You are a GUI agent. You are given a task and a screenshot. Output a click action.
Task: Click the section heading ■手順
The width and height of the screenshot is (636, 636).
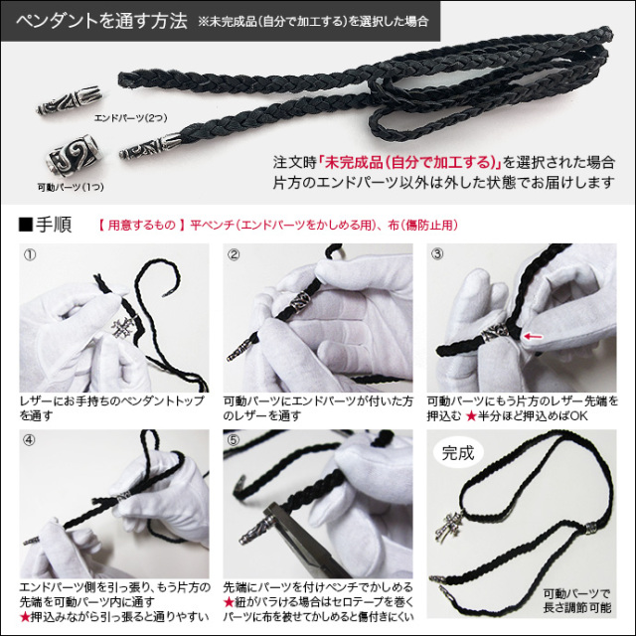tap(45, 224)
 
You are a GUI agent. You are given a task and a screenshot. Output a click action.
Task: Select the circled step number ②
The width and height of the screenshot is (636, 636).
tap(235, 254)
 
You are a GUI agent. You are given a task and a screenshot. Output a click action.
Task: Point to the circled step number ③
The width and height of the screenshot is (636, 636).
tap(436, 254)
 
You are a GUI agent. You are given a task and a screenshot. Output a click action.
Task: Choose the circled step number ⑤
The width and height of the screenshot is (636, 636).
tap(235, 440)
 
